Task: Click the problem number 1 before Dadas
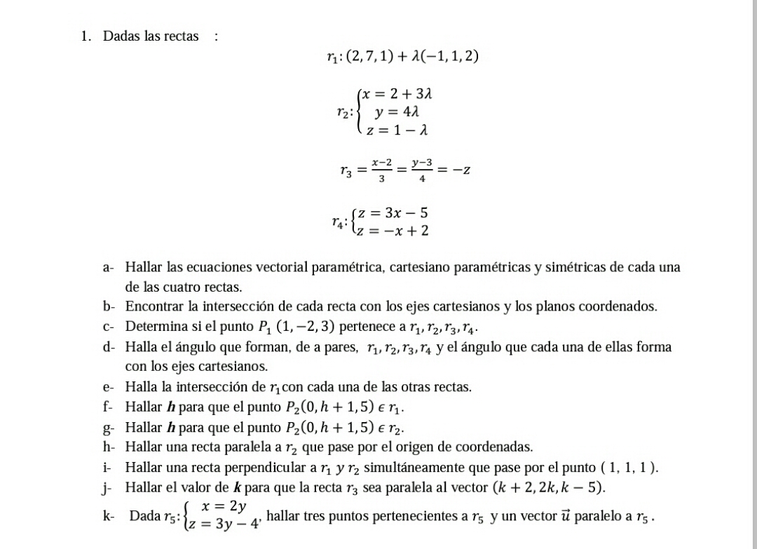(x=84, y=36)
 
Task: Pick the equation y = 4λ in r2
(x=397, y=112)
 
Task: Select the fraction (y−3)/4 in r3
(x=421, y=170)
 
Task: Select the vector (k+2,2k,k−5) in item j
(x=550, y=487)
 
